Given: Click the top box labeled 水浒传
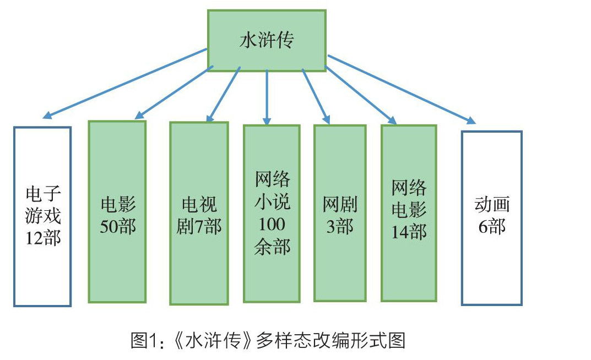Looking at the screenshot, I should tap(266, 40).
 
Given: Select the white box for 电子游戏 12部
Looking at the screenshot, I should tap(42, 216).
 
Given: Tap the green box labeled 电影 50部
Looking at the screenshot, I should tap(117, 212).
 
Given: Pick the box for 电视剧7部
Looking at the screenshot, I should tap(198, 213).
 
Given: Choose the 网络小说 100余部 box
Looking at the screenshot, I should tap(272, 213).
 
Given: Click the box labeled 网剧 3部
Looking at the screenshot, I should tap(339, 213).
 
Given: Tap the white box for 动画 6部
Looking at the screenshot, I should tap(491, 217).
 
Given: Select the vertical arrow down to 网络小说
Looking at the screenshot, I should tap(267, 96).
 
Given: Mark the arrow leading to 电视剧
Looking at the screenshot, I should tap(224, 93).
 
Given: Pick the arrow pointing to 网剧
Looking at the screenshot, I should tap(316, 95).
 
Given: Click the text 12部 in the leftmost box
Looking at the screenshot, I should tap(42, 238).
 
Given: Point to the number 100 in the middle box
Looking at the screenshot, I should tap(272, 225).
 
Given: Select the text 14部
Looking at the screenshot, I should tap(409, 232).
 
